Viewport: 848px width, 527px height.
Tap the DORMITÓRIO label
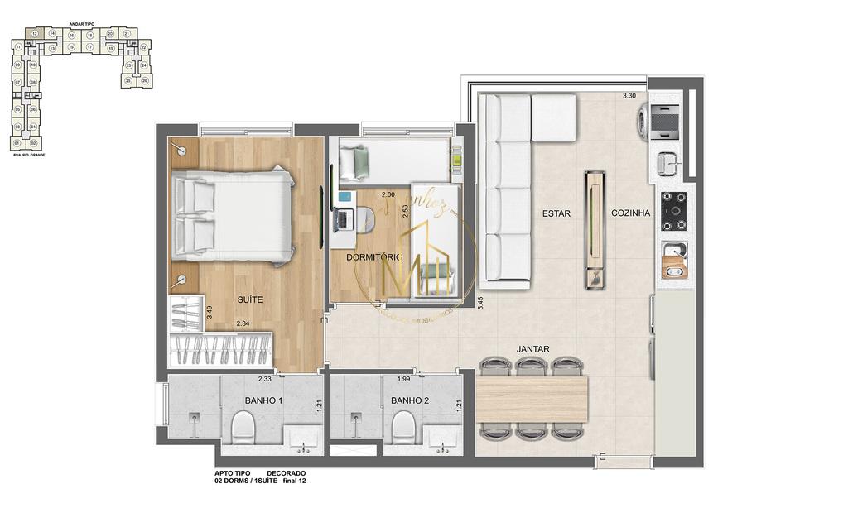click(x=373, y=257)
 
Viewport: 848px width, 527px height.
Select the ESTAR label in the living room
click(x=556, y=213)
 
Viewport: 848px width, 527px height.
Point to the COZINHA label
click(x=631, y=213)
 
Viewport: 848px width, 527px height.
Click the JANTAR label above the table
click(x=532, y=350)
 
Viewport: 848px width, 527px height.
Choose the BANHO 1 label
click(x=263, y=401)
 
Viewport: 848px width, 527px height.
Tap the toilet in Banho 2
click(x=403, y=427)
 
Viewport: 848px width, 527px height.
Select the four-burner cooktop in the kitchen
click(x=674, y=211)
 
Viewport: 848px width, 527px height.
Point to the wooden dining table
click(x=532, y=398)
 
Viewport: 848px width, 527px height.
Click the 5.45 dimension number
click(x=480, y=302)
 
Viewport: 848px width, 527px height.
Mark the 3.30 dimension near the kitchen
click(x=630, y=97)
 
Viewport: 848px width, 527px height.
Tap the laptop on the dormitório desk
click(x=341, y=219)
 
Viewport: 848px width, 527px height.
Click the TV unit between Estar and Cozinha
click(x=595, y=230)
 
